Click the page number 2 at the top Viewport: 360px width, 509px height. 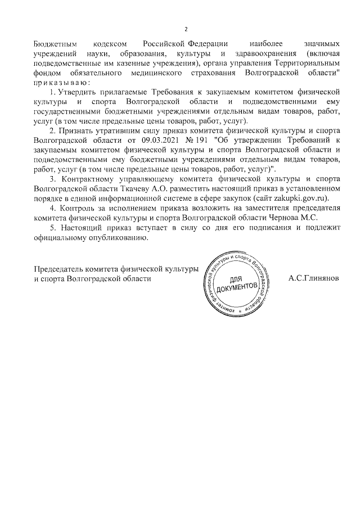coord(186,29)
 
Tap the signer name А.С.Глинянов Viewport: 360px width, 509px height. coord(313,279)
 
